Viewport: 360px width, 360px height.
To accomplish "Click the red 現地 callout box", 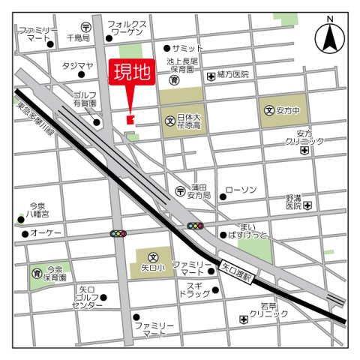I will tap(132, 73).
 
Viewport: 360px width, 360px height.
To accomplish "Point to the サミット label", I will tap(187, 47).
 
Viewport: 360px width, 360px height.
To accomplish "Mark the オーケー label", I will tap(46, 234).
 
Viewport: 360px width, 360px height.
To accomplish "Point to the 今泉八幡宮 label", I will tap(37, 209).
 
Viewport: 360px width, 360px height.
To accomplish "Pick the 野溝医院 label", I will tap(293, 200).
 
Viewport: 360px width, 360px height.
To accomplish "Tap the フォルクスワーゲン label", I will tap(127, 29).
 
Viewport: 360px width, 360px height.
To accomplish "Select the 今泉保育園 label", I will tap(55, 273).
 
